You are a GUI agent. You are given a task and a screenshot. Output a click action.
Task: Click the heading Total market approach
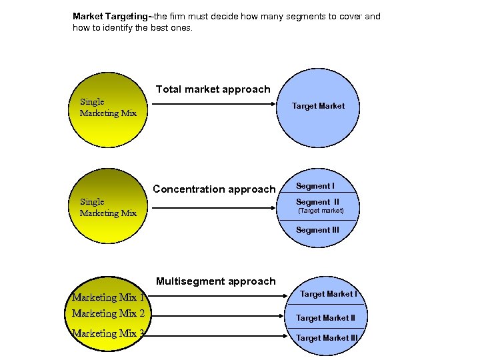213,89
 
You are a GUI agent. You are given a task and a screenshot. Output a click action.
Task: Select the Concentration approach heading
214,189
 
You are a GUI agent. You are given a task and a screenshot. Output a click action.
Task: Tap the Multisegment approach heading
215,281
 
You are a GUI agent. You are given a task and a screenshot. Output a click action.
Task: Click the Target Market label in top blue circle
318,105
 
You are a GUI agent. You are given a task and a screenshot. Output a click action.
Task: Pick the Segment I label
315,186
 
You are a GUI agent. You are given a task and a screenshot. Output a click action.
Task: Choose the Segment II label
317,202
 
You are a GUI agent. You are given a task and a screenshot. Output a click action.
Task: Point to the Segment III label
317,230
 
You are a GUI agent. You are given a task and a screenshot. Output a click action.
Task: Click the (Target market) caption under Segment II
321,211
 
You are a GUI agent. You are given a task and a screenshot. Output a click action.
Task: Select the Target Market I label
328,294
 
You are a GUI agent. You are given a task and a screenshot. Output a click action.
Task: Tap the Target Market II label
325,318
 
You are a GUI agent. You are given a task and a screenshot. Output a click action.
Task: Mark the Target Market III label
327,338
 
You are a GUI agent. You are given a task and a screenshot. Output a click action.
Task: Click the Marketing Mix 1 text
108,297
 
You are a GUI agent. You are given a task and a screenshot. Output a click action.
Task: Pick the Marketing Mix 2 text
108,313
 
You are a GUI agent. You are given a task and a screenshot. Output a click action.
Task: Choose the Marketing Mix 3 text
108,333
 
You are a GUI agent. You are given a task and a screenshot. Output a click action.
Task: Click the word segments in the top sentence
307,16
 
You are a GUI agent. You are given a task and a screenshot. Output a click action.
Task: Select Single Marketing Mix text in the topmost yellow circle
108,107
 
